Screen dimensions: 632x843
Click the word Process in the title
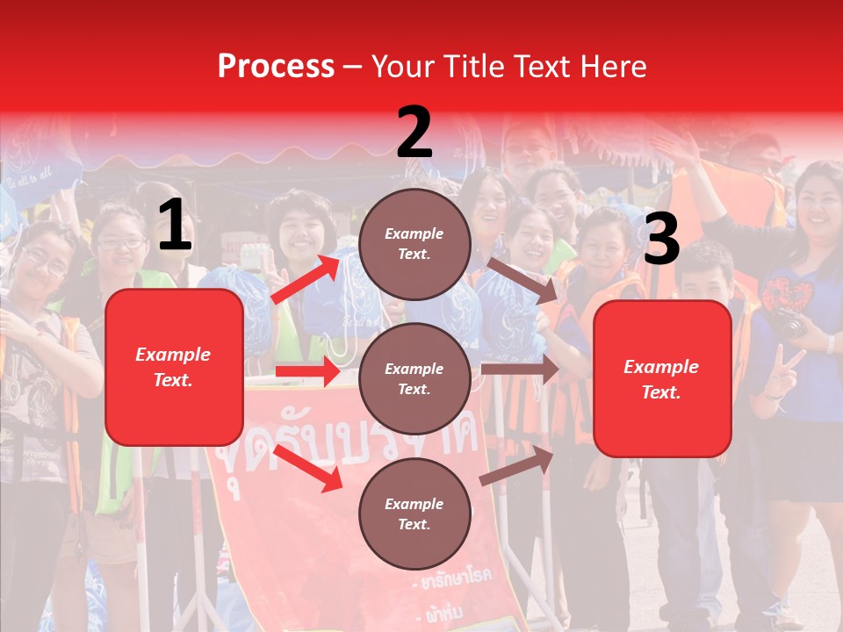[x=276, y=67]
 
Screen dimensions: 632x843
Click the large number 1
[x=175, y=226]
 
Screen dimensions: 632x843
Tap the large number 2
[x=414, y=133]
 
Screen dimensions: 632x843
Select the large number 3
[x=661, y=240]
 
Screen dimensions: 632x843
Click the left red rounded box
[x=174, y=367]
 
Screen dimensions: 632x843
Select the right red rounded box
[x=662, y=378]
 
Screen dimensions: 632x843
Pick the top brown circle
[x=414, y=244]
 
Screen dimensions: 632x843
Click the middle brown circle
[x=414, y=378]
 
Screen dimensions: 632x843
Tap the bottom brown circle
[x=414, y=513]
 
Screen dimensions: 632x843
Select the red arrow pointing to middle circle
[x=307, y=371]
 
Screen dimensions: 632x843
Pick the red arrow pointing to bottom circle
[x=308, y=468]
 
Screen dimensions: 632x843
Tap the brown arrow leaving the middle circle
[x=520, y=369]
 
